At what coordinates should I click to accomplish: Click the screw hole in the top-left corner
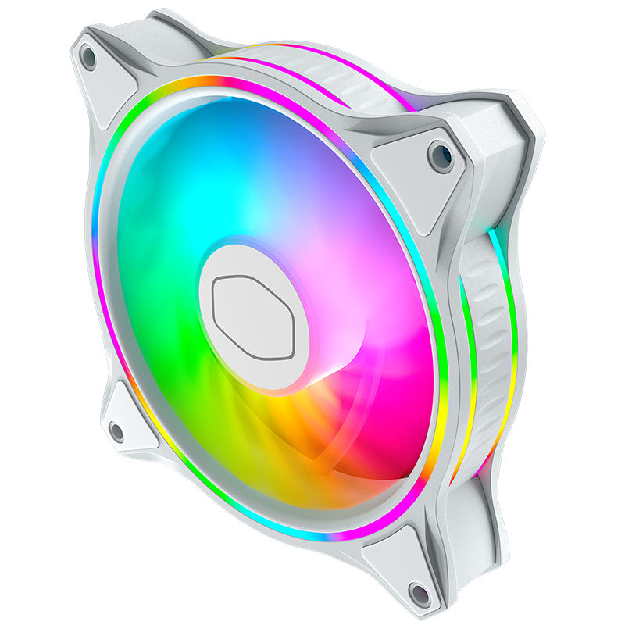point(88,57)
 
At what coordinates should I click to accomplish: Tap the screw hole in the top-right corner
point(440,155)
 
